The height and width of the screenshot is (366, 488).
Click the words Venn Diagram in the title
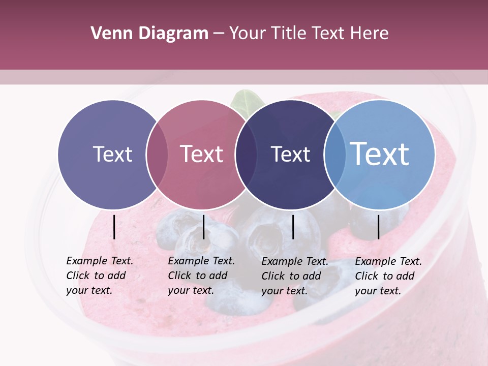pyautogui.click(x=149, y=34)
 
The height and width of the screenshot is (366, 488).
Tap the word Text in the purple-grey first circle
pyautogui.click(x=112, y=154)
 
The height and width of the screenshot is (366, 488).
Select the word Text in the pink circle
pyautogui.click(x=202, y=154)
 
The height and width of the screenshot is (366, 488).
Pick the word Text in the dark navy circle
pyautogui.click(x=290, y=154)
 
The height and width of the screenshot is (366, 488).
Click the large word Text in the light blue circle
pyautogui.click(x=380, y=154)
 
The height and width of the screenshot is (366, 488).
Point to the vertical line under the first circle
pyautogui.click(x=114, y=227)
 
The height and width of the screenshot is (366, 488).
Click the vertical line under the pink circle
pyautogui.click(x=203, y=227)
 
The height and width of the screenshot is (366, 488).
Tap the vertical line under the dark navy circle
pyautogui.click(x=293, y=227)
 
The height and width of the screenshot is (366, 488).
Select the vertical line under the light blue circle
pyautogui.click(x=378, y=227)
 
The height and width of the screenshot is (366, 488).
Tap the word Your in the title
pyautogui.click(x=248, y=34)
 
